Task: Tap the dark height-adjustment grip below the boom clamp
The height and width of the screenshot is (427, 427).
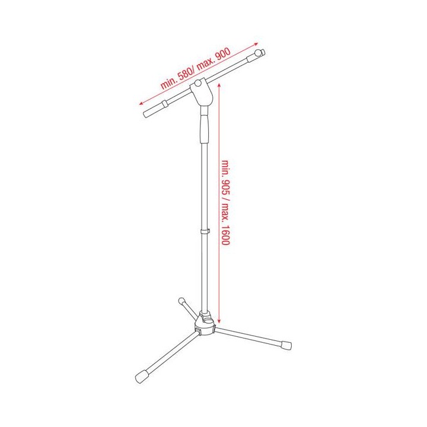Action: tap(205, 128)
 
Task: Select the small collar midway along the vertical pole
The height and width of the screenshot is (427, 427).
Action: tap(205, 231)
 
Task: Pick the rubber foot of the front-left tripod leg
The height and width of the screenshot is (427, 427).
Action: tap(143, 377)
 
